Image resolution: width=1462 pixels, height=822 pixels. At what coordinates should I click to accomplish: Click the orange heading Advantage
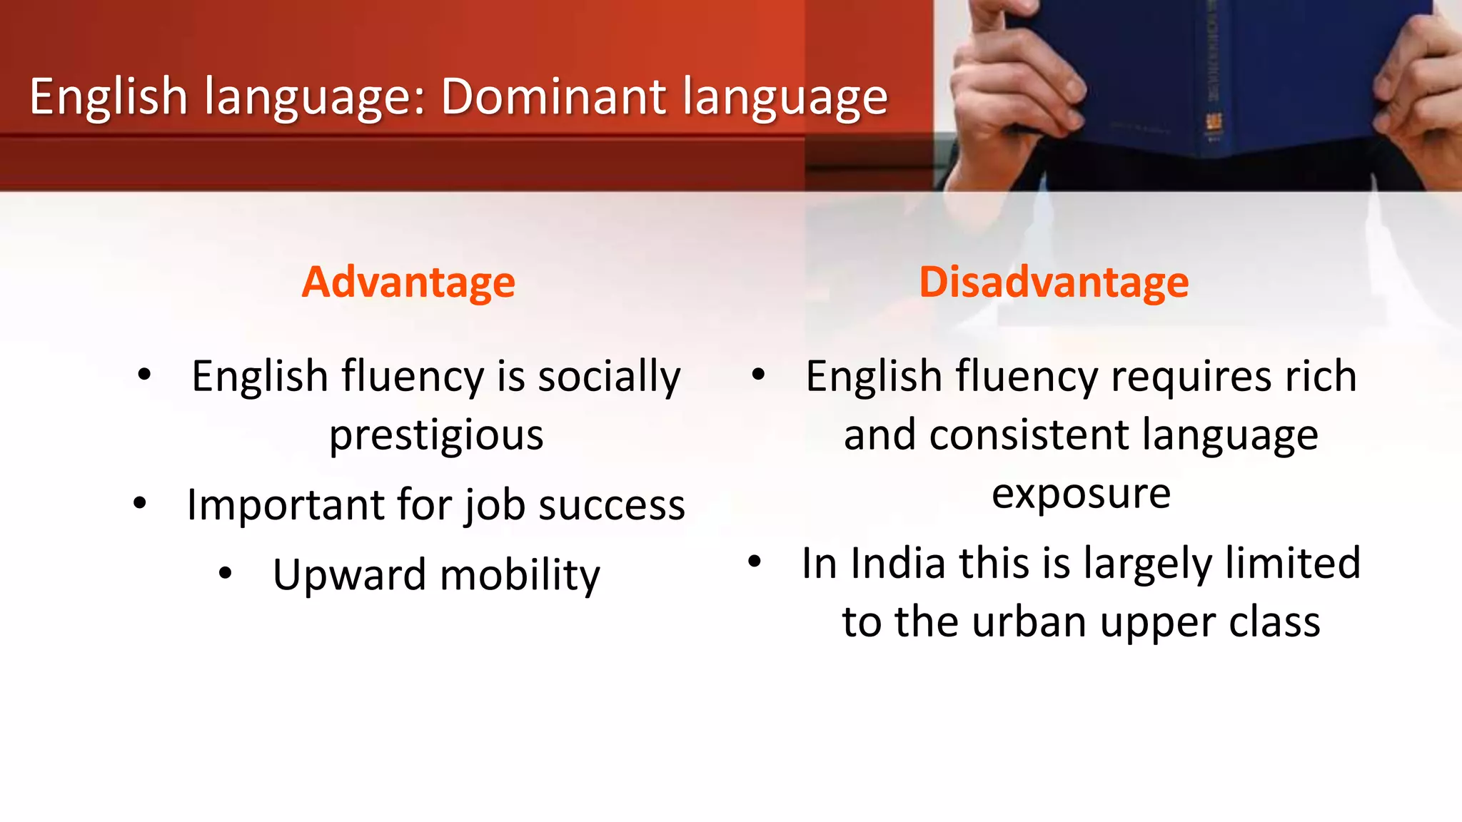[408, 282]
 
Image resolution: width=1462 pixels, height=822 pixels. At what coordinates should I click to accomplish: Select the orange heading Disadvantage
[1054, 282]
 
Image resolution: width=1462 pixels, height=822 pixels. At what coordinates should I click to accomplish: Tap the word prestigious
[436, 435]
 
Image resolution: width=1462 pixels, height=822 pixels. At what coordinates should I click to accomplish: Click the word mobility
[520, 575]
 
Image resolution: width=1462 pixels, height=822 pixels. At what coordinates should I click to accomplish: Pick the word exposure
[1081, 494]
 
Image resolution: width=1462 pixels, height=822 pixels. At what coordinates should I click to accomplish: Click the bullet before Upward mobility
[226, 572]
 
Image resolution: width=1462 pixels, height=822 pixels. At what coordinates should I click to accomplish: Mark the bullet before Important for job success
[140, 503]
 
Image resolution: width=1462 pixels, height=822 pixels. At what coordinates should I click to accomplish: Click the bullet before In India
[755, 561]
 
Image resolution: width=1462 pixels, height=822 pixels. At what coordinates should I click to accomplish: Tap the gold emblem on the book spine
[1213, 123]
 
